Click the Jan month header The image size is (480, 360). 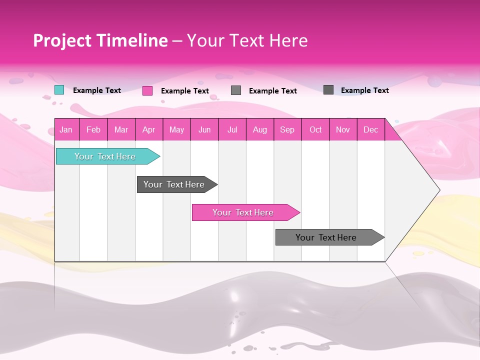66,129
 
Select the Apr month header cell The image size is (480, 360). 148,129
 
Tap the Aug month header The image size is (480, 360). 259,129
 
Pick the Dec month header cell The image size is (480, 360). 370,129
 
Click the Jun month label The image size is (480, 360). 204,129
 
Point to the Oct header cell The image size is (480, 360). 315,129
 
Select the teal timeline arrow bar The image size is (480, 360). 105,156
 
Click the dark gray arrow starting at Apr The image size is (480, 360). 174,184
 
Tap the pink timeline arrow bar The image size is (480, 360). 243,212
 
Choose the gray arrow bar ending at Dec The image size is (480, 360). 326,237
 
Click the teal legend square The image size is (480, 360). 59,90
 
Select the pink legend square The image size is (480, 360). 147,90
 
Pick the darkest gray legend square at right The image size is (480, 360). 328,90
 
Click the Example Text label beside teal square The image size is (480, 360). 97,90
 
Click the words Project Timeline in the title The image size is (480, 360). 100,40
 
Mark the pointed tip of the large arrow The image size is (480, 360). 439,190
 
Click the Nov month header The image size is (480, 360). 342,129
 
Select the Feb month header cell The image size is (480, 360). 93,129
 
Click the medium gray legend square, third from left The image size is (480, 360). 236,90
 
